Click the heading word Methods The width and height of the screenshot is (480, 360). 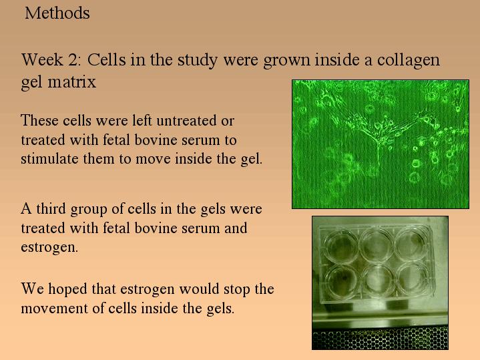[57, 13]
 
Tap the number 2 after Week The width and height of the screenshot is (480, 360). [73, 59]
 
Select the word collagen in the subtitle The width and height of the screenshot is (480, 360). [409, 61]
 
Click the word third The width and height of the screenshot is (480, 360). [51, 208]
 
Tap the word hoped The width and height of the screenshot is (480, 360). [67, 289]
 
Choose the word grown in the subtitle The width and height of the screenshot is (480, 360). [286, 61]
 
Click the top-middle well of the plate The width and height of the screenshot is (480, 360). [376, 244]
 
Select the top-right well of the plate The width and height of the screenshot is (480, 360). [411, 244]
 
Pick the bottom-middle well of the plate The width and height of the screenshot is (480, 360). [377, 279]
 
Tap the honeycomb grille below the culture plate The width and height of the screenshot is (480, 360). [381, 339]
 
